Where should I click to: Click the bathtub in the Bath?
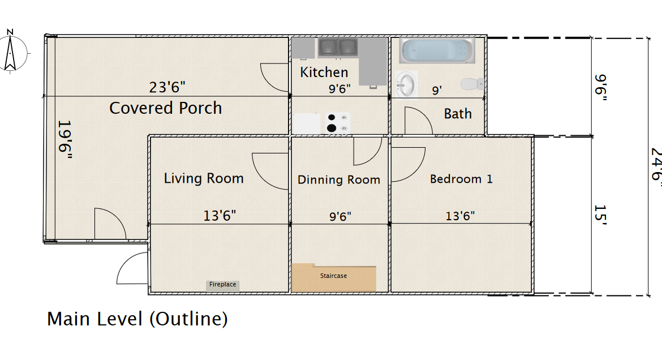point(437,51)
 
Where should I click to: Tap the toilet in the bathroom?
point(472,84)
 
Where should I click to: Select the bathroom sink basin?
point(406,84)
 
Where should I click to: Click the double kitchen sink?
point(338,47)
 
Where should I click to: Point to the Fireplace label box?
point(223,285)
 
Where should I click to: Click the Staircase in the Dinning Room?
point(333,277)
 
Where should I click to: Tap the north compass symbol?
point(11,51)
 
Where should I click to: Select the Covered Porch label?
point(165,108)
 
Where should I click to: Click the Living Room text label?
point(204,178)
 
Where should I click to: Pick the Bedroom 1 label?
point(461,179)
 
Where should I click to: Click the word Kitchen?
point(324,72)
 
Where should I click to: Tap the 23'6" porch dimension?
point(167,87)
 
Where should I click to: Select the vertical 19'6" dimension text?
point(65,139)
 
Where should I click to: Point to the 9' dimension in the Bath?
point(437,90)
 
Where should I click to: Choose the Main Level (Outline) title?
point(137,319)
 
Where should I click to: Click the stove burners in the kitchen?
point(338,122)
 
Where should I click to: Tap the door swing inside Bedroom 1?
point(409,164)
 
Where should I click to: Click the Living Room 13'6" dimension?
point(220,216)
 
